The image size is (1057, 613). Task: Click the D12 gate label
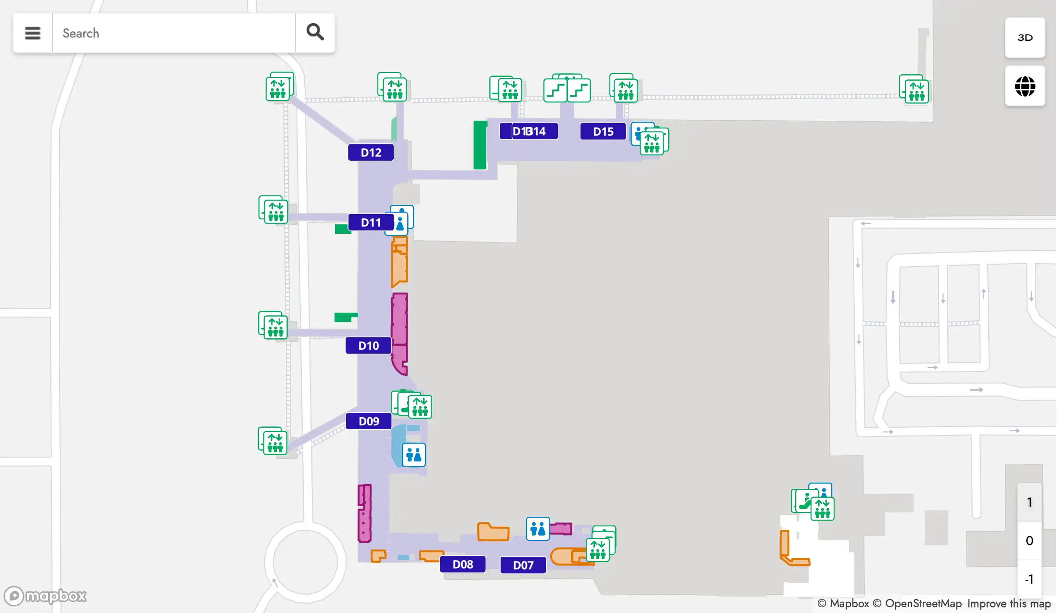coord(371,153)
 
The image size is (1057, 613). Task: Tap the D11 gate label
coord(371,222)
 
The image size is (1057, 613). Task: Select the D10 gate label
coord(368,345)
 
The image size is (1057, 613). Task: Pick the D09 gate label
coord(369,421)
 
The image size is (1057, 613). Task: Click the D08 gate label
coord(463,564)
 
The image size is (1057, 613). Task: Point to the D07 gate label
coord(523,565)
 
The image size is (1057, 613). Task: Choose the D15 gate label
coord(603,131)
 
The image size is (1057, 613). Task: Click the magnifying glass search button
coord(315,33)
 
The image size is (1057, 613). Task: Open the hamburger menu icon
coord(33,33)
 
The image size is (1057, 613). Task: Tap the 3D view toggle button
coord(1025,38)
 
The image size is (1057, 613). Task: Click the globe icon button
coord(1025,87)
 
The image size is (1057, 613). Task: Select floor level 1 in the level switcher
coord(1029,502)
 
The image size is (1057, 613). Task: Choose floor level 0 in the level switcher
coord(1029,540)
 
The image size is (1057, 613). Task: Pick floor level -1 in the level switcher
coord(1029,579)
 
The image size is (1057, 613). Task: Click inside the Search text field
coord(173,33)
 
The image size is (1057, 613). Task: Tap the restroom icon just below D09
coord(413,455)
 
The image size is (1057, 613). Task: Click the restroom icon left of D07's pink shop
coord(538,529)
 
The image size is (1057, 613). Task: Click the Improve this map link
coord(1009,603)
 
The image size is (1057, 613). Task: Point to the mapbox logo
coord(45,596)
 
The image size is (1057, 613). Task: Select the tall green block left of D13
coord(480,145)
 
